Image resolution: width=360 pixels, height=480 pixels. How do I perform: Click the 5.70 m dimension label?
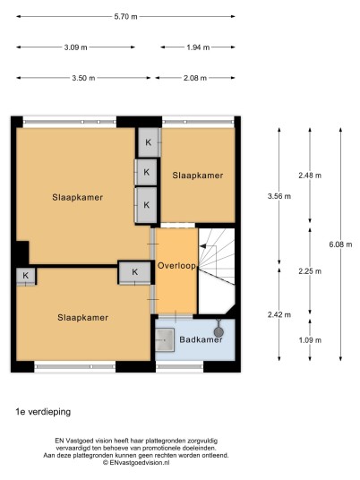[x=125, y=16]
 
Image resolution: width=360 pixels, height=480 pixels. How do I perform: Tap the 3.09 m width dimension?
[x=75, y=47]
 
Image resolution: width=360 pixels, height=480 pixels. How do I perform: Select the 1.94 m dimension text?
[x=198, y=47]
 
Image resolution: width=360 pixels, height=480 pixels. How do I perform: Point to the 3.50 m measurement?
[x=83, y=78]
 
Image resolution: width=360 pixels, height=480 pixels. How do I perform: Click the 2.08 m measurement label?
[x=195, y=78]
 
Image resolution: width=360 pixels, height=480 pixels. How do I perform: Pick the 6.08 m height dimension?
[x=340, y=244]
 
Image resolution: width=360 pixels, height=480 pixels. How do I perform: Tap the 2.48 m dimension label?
[x=310, y=176]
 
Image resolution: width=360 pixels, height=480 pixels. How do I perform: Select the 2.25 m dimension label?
[x=310, y=271]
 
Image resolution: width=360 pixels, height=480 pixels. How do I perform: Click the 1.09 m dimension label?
[x=310, y=339]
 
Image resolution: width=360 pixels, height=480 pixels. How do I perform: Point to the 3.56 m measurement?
[x=279, y=196]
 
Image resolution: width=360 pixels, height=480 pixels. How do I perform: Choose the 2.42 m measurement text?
[x=279, y=314]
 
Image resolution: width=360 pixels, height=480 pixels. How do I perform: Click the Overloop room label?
[x=176, y=266]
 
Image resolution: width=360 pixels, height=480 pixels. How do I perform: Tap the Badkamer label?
[x=201, y=339]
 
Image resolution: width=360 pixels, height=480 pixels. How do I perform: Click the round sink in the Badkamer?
[x=219, y=331]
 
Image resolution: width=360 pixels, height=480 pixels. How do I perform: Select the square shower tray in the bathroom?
[x=165, y=339]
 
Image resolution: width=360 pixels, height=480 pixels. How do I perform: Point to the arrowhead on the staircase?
[x=202, y=245]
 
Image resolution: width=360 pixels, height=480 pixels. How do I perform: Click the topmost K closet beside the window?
[x=149, y=142]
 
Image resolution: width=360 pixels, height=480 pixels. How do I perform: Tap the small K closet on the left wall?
[x=26, y=276]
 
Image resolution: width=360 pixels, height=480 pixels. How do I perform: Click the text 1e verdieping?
[x=43, y=412]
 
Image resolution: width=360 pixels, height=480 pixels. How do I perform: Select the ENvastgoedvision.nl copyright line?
[x=136, y=463]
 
